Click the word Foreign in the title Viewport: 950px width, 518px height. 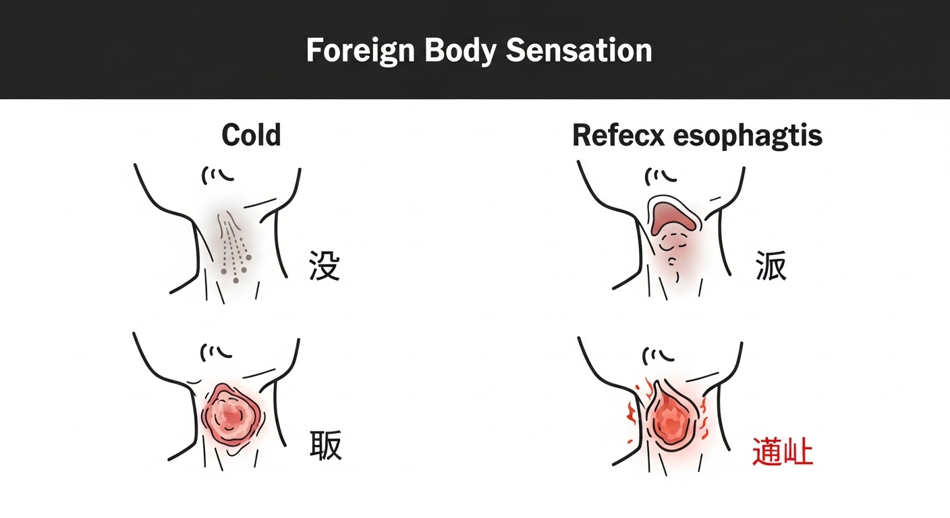coord(360,51)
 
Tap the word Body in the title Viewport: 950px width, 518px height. coord(455,51)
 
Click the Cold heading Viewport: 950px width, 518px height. coord(251,136)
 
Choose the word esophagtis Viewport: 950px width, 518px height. coord(749,136)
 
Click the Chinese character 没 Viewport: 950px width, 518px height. coord(324,264)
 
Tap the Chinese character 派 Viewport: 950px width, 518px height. coord(771,265)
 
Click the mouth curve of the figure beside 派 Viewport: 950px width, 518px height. coord(663,175)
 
